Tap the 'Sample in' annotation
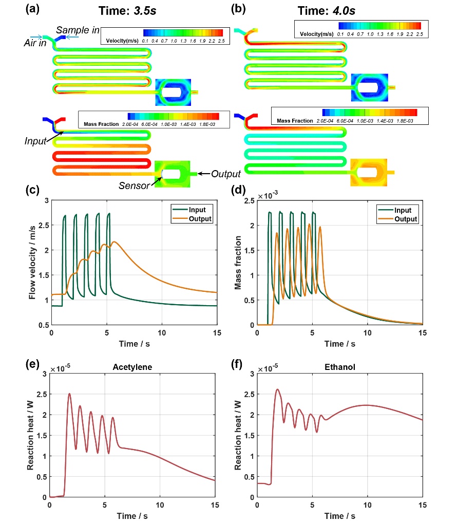(x=78, y=30)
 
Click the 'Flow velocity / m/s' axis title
(x=33, y=262)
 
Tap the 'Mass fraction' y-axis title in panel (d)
(x=238, y=262)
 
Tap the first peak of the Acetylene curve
(x=69, y=394)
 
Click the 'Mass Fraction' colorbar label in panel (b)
(x=294, y=121)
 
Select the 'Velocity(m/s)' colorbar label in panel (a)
(x=123, y=40)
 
